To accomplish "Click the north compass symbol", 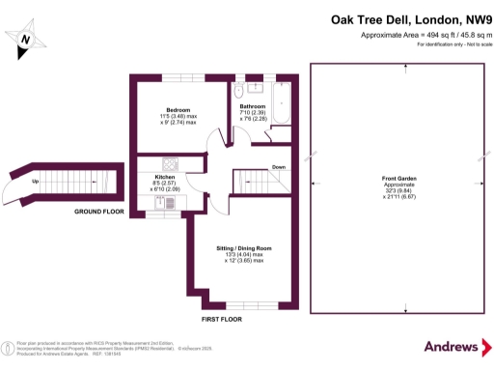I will click(28, 39).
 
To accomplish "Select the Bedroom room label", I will click(178, 111).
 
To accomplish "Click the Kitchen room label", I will click(164, 177).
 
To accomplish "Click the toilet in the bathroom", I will click(237, 92).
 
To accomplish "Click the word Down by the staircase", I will click(278, 167).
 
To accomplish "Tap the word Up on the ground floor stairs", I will click(37, 182).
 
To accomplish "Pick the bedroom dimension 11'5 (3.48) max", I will click(178, 118).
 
